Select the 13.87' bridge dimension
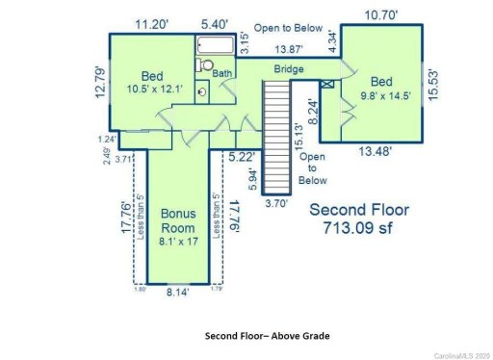291,47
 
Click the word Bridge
289,70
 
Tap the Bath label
223,72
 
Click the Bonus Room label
178,220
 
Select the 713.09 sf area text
358,229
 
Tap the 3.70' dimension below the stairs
276,204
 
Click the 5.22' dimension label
245,155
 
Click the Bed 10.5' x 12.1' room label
153,83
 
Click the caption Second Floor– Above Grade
267,336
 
